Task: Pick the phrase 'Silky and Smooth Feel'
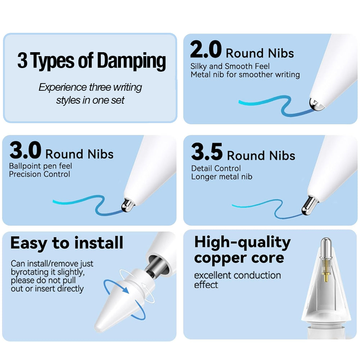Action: (x=230, y=66)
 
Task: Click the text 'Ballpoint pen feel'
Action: (x=40, y=166)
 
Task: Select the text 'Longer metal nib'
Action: (x=221, y=176)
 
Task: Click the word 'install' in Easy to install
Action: (x=99, y=243)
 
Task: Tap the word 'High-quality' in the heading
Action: (x=242, y=243)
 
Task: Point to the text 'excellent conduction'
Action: (x=237, y=275)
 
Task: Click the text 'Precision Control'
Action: (x=40, y=174)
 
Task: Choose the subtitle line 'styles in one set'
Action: (x=90, y=100)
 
